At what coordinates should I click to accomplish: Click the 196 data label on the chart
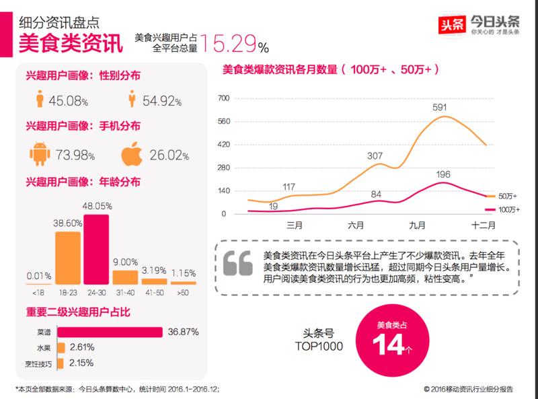(x=443, y=174)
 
